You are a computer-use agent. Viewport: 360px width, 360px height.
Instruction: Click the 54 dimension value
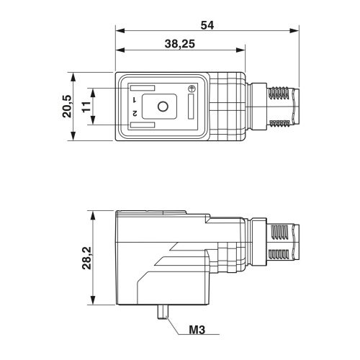[x=207, y=25]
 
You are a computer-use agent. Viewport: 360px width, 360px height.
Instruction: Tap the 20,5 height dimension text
[x=67, y=107]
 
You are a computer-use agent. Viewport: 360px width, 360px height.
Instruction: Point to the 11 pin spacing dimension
[x=86, y=107]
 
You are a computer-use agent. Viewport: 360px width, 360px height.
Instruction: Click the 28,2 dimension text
[x=86, y=258]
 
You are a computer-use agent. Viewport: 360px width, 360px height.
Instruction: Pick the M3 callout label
[x=197, y=330]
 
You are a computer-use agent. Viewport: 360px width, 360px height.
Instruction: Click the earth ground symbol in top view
[x=192, y=89]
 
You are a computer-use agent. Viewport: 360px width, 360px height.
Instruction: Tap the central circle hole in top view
[x=163, y=107]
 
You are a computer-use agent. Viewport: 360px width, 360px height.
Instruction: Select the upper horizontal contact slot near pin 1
[x=143, y=88]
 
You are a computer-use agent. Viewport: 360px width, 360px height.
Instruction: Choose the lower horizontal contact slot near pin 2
[x=143, y=125]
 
